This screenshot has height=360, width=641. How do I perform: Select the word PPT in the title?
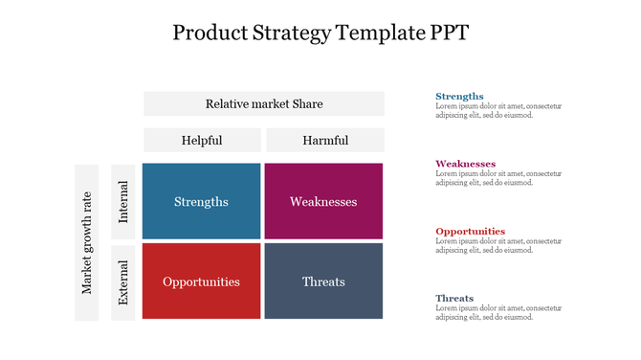(x=445, y=34)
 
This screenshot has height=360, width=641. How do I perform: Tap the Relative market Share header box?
(x=264, y=103)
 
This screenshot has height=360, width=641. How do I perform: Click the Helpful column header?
(x=202, y=140)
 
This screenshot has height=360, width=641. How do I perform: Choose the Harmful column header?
(x=325, y=140)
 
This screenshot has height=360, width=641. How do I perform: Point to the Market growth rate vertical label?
(x=87, y=242)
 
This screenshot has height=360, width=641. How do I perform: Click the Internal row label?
(x=123, y=202)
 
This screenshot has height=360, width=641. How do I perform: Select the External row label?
(x=123, y=281)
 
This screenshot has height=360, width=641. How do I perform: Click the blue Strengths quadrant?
(x=201, y=201)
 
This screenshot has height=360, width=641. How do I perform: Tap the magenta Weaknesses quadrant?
(x=323, y=201)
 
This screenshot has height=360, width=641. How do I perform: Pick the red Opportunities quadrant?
(x=201, y=281)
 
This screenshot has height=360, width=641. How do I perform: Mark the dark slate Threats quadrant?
(x=323, y=281)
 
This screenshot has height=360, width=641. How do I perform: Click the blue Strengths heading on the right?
(x=459, y=97)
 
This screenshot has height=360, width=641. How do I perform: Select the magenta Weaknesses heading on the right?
(x=465, y=164)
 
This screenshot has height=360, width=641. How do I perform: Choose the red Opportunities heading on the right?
(x=470, y=231)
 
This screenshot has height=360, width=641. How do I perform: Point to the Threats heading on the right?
(x=454, y=298)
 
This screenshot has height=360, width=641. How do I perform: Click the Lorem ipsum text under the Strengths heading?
(x=497, y=111)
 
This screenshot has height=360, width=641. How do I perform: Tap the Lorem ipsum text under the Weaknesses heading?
(x=497, y=178)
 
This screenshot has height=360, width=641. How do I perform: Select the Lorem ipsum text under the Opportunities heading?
(x=497, y=245)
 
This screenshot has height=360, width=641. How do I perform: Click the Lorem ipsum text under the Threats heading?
(x=497, y=312)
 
